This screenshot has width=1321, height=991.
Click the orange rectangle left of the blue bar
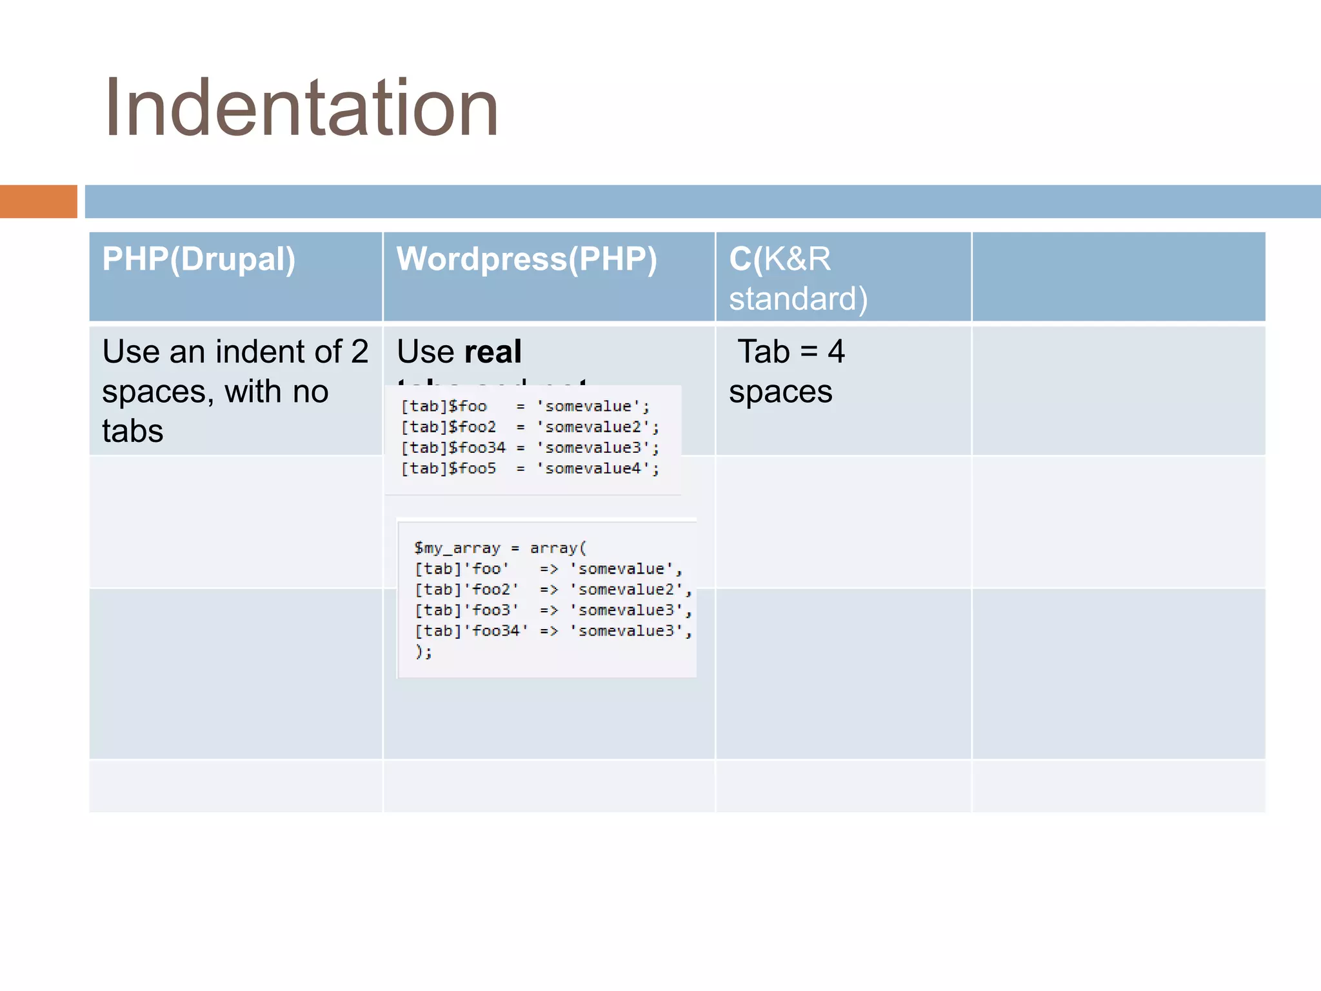tap(38, 201)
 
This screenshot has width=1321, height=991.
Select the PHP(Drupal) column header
tap(199, 259)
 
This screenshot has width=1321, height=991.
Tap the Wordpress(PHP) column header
tap(526, 259)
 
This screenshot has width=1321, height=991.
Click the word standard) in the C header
tap(798, 299)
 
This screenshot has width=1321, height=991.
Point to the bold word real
tap(493, 352)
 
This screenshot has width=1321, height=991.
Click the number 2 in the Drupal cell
tap(360, 352)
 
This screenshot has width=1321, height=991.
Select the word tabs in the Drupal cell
tap(133, 431)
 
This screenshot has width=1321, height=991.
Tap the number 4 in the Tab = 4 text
tap(836, 352)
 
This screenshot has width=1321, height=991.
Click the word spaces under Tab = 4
tap(780, 392)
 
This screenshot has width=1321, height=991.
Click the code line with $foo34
tap(530, 448)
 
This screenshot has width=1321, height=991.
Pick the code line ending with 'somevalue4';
tap(530, 468)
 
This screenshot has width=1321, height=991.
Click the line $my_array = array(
tap(500, 548)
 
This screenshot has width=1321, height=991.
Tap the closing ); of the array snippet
tap(423, 652)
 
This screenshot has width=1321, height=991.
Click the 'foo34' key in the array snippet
tap(495, 631)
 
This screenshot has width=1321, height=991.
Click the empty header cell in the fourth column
tap(1118, 276)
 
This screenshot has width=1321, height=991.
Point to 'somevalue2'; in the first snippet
tap(597, 427)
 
